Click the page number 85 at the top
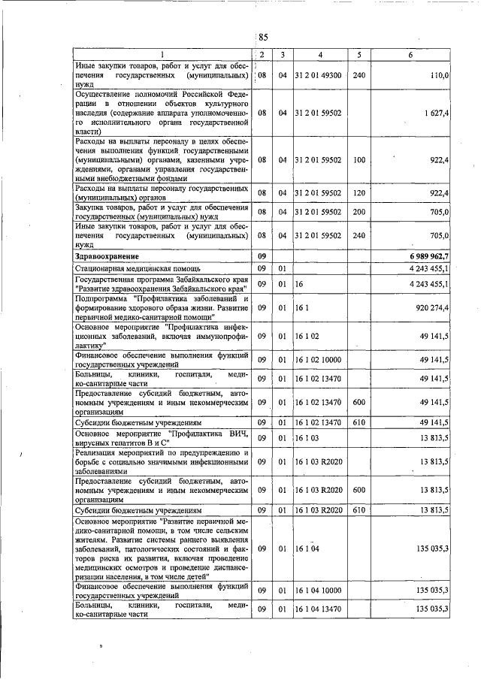tap(263, 37)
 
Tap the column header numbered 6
tap(410, 55)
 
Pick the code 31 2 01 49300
tap(319, 76)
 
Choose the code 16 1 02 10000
tap(319, 361)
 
